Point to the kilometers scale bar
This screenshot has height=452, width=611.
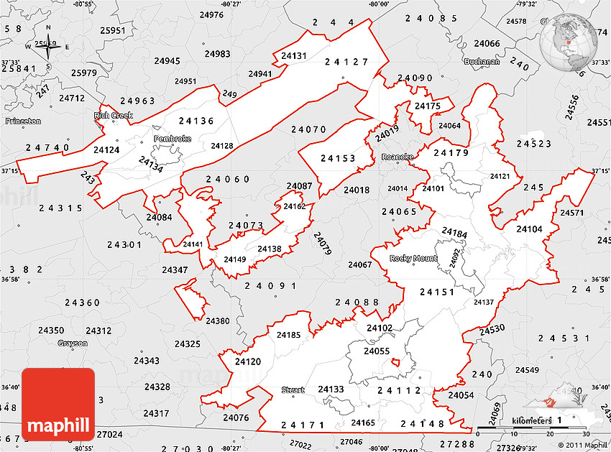[531, 430]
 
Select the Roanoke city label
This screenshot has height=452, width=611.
[398, 157]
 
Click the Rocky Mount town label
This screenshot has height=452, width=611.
[413, 259]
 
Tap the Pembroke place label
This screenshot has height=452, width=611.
[172, 138]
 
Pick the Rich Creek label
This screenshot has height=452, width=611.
[109, 115]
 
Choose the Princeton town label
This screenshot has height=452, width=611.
[23, 121]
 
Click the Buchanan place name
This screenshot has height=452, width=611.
[482, 62]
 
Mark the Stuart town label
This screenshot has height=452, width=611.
[293, 390]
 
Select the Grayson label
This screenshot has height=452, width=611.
[73, 343]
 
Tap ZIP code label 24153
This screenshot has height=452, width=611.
[338, 158]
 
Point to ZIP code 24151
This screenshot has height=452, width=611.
[437, 292]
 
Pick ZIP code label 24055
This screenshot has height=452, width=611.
[376, 351]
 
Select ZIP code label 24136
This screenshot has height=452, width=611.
[196, 121]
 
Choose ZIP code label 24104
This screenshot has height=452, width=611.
[529, 229]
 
